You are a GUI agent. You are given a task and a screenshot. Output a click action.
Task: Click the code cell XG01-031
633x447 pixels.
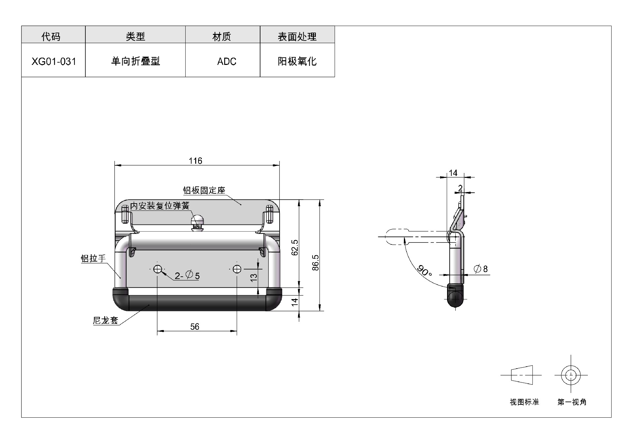coord(53,61)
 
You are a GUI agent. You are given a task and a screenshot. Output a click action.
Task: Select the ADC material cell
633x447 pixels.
coord(223,61)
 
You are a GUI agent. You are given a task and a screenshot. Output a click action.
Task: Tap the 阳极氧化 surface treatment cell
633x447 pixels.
coord(297,61)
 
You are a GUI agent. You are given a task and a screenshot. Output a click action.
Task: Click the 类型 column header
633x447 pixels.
coord(135,36)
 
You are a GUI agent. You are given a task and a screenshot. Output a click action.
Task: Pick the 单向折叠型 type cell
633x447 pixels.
coord(135,61)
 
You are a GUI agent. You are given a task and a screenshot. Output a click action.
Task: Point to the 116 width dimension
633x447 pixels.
coord(195,161)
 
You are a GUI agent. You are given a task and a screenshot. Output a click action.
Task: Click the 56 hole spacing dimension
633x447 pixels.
coord(195,326)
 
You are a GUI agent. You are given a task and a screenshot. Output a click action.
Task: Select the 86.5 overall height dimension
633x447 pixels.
coord(316,263)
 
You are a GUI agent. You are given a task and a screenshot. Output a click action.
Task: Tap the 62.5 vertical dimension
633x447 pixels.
coord(295,247)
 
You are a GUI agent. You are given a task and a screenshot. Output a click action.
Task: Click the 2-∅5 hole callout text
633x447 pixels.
coord(187,275)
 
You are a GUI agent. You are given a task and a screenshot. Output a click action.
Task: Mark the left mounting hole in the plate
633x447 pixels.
coord(158,269)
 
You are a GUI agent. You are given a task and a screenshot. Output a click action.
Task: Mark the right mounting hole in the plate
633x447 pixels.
coord(237,269)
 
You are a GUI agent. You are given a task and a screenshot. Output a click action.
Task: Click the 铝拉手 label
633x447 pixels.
coord(93,258)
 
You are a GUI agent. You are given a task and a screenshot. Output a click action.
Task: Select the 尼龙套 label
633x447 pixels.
coord(105,320)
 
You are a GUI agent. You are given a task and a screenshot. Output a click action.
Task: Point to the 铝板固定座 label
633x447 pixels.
coord(204,190)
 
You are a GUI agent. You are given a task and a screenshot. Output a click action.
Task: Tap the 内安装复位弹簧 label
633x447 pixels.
coord(160,206)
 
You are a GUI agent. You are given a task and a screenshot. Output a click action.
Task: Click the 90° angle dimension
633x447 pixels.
coord(425,271)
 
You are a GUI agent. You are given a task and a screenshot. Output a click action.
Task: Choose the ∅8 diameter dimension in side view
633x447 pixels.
coord(481,269)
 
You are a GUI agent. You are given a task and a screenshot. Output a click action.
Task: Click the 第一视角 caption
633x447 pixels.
coord(572,402)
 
